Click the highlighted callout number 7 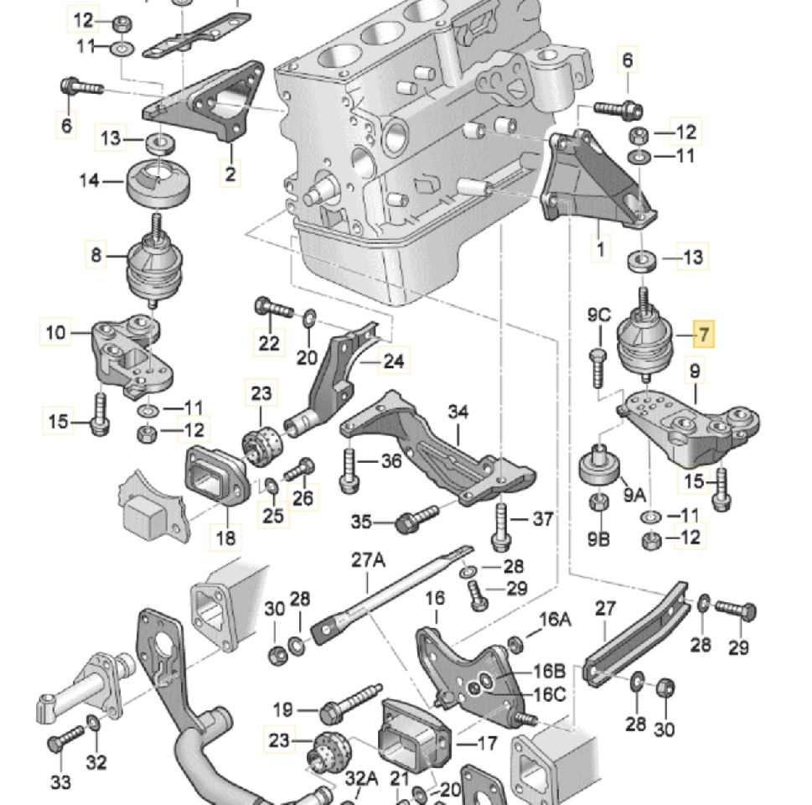(704, 335)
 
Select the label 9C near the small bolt (598, 315)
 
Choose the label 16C (551, 694)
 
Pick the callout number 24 (394, 361)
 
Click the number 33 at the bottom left (60, 782)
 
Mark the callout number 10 (55, 333)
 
